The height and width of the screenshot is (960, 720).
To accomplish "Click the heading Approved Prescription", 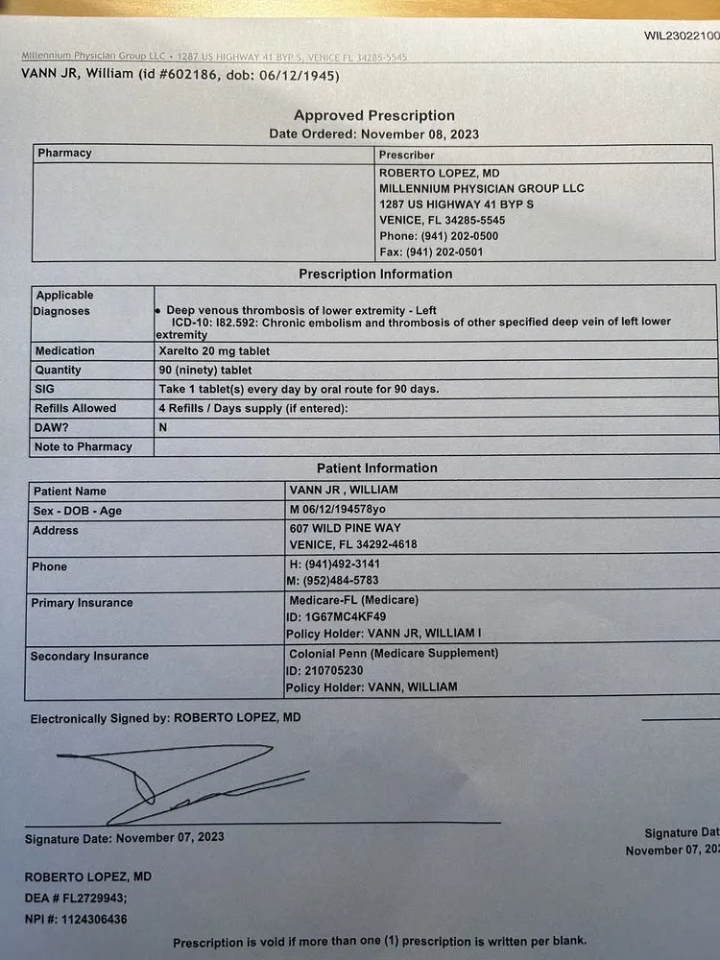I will tap(374, 116).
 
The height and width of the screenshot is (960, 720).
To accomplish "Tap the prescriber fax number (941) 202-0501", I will tap(451, 252).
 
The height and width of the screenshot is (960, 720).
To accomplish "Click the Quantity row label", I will tap(59, 370).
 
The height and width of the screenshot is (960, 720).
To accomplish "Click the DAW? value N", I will tap(163, 427).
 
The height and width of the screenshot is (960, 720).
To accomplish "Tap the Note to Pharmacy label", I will tap(83, 446).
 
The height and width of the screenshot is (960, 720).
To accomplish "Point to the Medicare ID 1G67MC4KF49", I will tap(346, 616).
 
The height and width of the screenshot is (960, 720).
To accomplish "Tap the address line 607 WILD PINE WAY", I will tap(346, 528).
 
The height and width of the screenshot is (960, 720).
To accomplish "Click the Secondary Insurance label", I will tap(89, 657).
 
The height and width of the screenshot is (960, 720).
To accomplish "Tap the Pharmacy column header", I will tap(64, 153).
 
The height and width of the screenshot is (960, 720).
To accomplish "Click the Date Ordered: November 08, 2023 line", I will tap(373, 134).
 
